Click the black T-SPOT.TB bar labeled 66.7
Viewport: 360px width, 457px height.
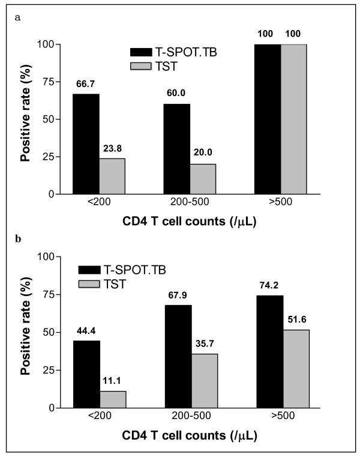(x=86, y=144)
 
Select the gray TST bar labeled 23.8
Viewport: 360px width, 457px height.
(x=112, y=176)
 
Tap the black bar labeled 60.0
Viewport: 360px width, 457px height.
(x=177, y=149)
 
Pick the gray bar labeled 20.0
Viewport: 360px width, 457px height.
(x=203, y=179)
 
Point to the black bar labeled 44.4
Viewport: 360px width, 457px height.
(x=86, y=374)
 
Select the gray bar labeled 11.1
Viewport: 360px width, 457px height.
(x=112, y=399)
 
